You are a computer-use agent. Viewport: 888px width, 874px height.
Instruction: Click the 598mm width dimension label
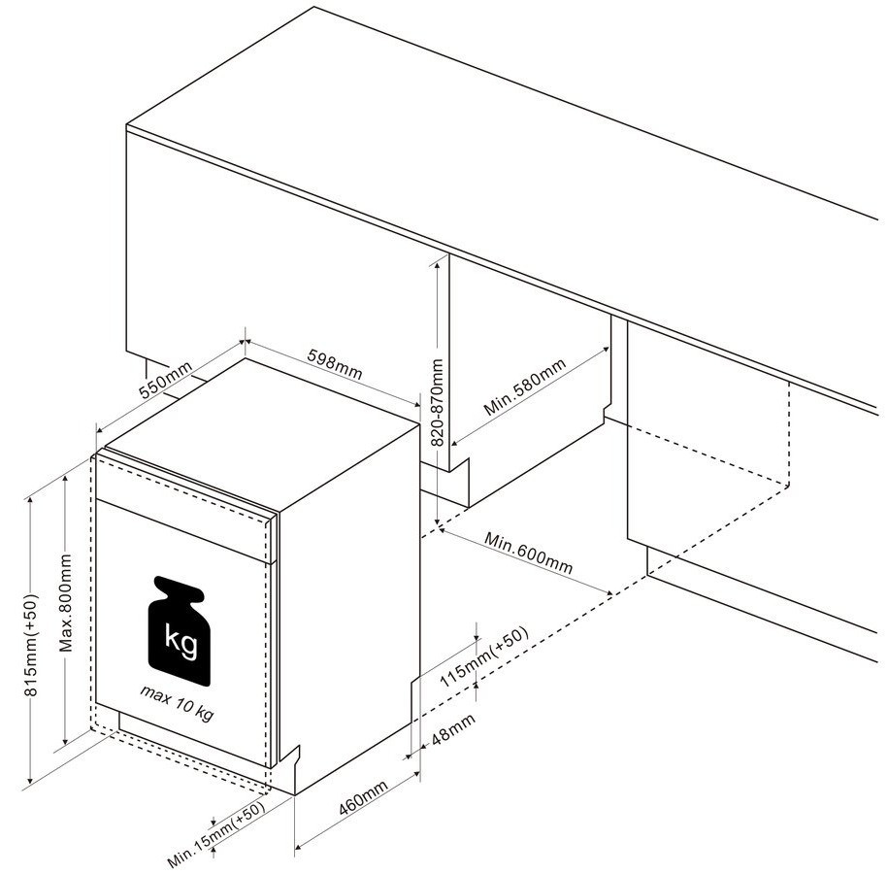(334, 363)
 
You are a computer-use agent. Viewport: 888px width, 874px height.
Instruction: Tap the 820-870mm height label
(437, 402)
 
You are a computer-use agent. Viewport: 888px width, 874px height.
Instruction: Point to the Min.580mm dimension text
(525, 387)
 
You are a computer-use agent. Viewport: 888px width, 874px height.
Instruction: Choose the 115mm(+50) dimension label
(484, 656)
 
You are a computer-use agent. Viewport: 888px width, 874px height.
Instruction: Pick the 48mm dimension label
(453, 729)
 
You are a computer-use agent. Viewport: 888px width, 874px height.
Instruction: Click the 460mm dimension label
(363, 798)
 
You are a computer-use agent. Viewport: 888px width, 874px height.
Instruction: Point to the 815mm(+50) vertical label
(31, 645)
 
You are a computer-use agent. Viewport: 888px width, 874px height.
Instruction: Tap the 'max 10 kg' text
(178, 702)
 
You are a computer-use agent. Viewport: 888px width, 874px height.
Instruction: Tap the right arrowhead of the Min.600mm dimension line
(608, 592)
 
